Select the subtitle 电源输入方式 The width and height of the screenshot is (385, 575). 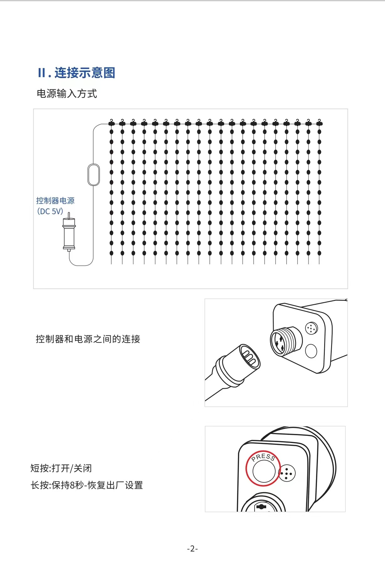click(x=67, y=93)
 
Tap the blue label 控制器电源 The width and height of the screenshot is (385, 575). click(x=55, y=201)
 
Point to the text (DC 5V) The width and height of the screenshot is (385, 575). click(x=50, y=211)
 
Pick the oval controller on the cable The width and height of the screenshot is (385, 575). click(x=93, y=175)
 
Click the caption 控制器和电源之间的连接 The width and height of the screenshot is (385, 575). click(x=88, y=339)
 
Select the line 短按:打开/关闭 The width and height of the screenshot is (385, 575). click(x=61, y=468)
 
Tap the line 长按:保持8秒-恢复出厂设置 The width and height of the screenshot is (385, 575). click(x=87, y=485)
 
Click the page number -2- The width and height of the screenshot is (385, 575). click(x=192, y=549)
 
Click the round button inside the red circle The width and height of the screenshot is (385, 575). click(x=264, y=471)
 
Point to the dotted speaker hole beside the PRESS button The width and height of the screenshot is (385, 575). click(x=287, y=473)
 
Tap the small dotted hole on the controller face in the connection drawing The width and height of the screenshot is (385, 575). click(x=311, y=328)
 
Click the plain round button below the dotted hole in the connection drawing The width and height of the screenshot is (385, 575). click(x=311, y=351)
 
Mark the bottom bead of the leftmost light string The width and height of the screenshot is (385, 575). click(x=111, y=253)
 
